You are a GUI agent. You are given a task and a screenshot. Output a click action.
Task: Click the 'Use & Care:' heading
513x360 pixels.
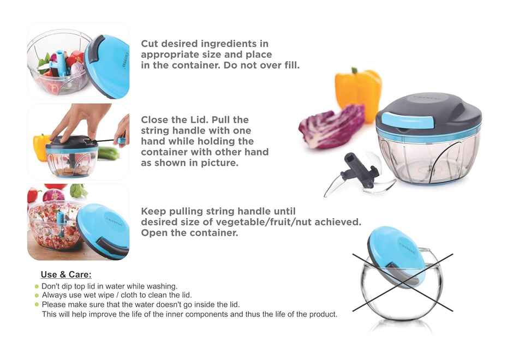click(x=66, y=275)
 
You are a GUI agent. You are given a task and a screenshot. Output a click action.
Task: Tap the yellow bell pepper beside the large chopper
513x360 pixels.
click(x=358, y=93)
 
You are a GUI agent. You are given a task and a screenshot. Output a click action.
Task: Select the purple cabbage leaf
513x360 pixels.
click(x=331, y=126)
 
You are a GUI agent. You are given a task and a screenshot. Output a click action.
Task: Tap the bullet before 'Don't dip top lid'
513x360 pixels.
click(x=37, y=287)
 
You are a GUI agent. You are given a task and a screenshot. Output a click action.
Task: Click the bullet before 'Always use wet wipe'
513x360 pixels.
click(x=37, y=296)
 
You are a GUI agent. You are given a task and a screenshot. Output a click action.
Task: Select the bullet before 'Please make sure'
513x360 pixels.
click(x=37, y=305)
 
